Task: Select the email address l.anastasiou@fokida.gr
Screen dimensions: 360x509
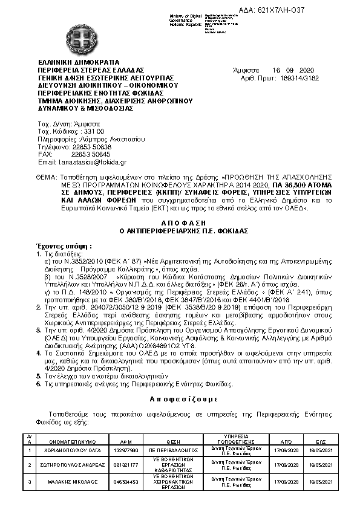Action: click(96, 163)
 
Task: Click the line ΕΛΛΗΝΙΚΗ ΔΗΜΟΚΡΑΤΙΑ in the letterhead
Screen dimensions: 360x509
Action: click(79, 62)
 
